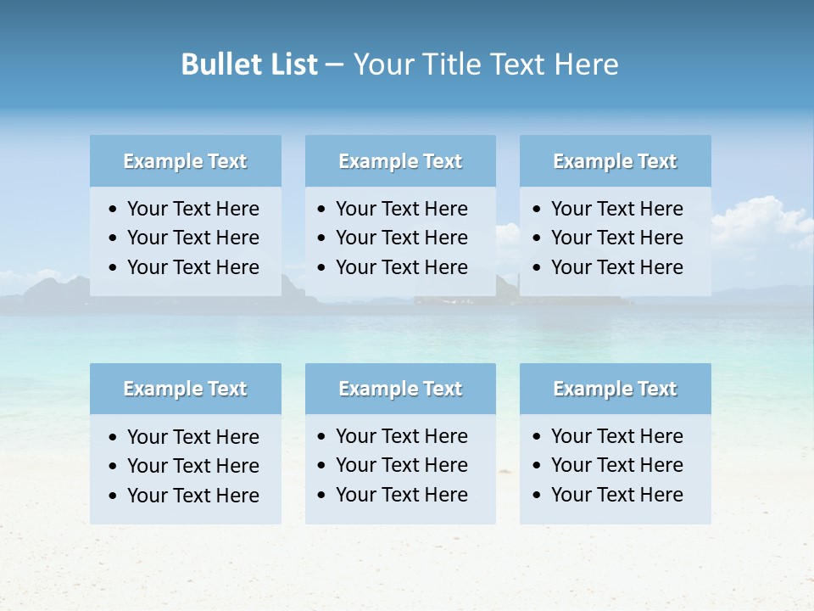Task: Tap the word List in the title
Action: coord(291,64)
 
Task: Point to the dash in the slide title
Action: coord(334,65)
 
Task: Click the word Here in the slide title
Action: coord(586,64)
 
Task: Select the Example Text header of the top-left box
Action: coord(185,161)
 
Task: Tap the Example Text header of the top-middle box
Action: coord(400,161)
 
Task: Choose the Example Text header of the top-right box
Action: coord(615,161)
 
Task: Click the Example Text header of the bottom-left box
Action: coord(185,389)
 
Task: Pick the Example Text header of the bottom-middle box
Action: coord(400,389)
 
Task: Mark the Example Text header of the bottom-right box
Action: coord(615,389)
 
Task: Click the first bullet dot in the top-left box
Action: coord(114,210)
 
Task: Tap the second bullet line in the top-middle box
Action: coord(401,238)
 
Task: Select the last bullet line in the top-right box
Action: coord(616,267)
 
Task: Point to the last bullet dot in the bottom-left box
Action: coord(114,496)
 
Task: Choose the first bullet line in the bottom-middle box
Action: coord(401,436)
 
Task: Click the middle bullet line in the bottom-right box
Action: coord(616,465)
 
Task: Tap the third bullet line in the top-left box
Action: coord(192,267)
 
